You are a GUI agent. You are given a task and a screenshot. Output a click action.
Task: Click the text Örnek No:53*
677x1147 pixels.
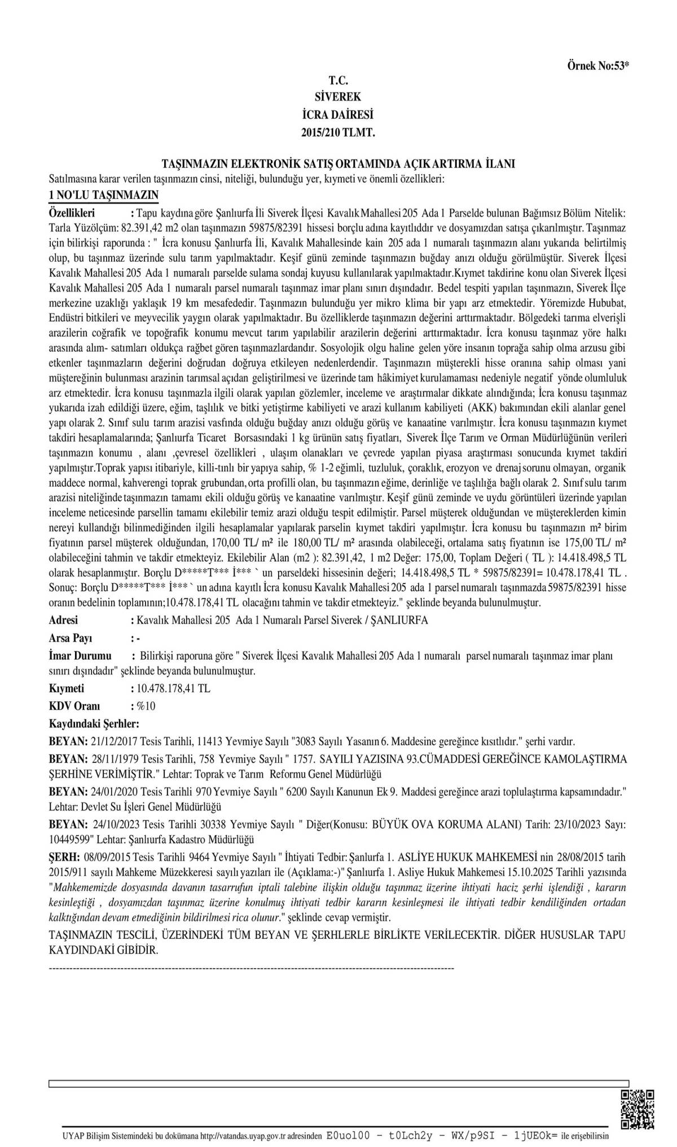tap(597, 66)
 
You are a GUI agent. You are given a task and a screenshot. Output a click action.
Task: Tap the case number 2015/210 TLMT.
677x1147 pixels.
tap(338, 133)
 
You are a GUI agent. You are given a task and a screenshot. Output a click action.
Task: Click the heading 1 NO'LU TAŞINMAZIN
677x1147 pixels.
tap(104, 195)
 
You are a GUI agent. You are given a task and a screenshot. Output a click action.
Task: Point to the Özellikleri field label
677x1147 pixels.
tap(72, 213)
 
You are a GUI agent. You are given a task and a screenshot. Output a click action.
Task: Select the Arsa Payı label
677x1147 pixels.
tap(71, 638)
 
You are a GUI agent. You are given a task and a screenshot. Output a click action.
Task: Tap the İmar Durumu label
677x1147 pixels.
tap(80, 656)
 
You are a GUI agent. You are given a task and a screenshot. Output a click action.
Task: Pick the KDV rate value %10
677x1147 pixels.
tap(143, 707)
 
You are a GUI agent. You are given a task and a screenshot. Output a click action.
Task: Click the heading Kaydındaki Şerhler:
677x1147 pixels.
tap(94, 724)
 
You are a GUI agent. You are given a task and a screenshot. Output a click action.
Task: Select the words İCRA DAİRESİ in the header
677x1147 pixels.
tap(338, 115)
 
